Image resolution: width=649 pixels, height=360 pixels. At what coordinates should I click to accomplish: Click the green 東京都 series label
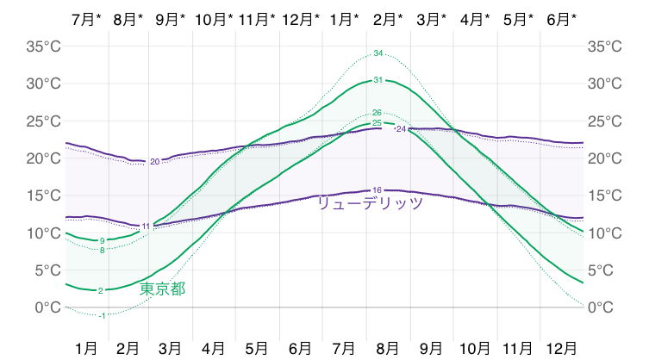pos(162,289)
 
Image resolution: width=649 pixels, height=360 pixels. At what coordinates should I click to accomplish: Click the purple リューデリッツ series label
pos(370,203)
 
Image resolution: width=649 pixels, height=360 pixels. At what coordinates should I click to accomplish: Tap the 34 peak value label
pos(378,54)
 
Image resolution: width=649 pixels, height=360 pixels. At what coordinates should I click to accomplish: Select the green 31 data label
pos(378,80)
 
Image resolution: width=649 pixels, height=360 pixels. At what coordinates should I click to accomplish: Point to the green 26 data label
pos(377,113)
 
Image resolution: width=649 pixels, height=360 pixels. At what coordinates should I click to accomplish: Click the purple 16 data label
pos(377,189)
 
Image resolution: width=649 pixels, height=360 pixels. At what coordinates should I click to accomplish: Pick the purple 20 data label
pos(154,161)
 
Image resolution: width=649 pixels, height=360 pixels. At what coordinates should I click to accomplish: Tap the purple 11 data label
pos(146,226)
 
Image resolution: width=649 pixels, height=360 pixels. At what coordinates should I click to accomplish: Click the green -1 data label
pos(103,316)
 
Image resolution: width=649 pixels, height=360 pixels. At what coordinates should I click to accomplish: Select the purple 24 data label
pos(400,129)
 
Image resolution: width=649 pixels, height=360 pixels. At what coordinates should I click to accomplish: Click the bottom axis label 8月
pos(388,348)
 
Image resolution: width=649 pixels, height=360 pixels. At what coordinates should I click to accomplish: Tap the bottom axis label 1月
pos(86,348)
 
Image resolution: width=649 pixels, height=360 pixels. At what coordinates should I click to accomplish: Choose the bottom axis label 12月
pos(562,348)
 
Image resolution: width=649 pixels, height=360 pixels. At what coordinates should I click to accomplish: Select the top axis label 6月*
pos(564,18)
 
